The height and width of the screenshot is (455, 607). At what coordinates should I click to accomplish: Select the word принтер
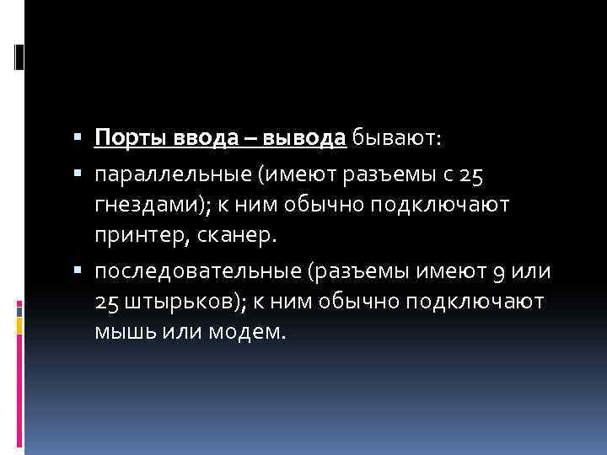point(137,236)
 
